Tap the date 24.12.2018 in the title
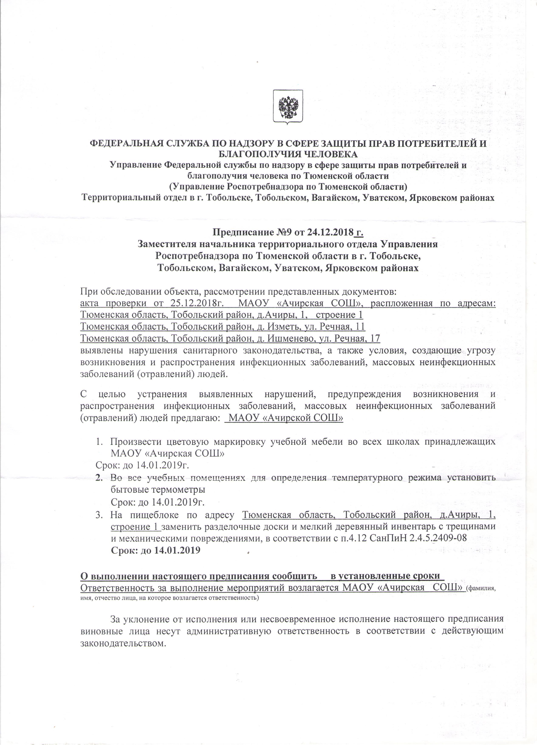tap(330, 233)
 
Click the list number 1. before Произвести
tap(99, 442)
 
